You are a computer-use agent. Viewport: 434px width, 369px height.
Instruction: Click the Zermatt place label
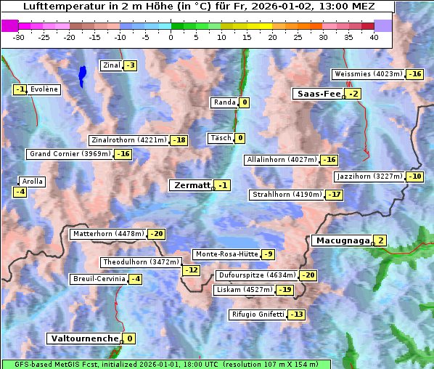click(191, 185)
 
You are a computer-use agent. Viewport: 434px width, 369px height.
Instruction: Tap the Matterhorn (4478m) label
click(108, 234)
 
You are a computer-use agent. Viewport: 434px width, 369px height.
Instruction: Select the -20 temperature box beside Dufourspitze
click(308, 275)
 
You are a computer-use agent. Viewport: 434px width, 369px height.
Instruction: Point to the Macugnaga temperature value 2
click(380, 240)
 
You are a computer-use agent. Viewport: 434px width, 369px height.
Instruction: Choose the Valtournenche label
click(83, 338)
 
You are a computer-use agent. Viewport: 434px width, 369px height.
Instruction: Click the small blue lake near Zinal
click(82, 73)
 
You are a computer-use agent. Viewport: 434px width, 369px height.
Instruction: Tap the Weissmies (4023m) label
click(367, 74)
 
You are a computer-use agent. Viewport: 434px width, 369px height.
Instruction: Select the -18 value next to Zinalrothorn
click(179, 140)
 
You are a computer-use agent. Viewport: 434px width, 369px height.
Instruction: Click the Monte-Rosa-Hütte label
click(226, 254)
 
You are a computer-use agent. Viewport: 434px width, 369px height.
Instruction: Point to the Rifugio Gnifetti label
click(257, 315)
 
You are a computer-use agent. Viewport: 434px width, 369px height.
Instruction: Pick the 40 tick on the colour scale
click(374, 37)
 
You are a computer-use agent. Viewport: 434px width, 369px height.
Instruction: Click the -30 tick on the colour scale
click(19, 37)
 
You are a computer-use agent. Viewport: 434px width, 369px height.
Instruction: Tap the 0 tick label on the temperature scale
click(171, 37)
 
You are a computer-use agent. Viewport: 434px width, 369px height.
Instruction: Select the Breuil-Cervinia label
click(98, 279)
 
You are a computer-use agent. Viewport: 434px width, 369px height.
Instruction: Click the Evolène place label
click(44, 89)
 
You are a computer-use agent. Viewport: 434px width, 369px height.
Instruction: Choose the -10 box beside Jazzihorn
click(414, 177)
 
